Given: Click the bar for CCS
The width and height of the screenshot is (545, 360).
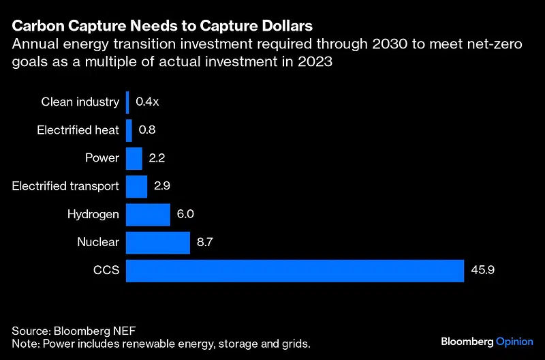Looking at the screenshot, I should (x=295, y=270).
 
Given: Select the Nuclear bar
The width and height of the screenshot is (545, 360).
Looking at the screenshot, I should (x=158, y=242).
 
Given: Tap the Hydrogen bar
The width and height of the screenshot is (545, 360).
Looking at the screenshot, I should (x=148, y=214).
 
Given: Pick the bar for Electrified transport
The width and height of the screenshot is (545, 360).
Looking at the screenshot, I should (x=137, y=186).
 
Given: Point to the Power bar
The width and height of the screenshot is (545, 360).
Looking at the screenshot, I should (x=134, y=158).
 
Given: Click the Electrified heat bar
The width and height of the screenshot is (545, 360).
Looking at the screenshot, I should (x=129, y=130).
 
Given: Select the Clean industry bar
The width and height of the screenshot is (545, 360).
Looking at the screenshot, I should (x=127, y=102).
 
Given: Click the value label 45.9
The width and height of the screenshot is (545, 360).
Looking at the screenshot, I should (x=482, y=270).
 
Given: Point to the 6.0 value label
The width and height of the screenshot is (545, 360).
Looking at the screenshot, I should (x=186, y=214).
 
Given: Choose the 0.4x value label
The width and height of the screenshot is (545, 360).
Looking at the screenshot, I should (x=147, y=102).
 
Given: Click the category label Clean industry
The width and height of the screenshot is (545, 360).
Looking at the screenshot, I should (x=80, y=102).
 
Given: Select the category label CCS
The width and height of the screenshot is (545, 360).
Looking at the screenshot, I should (x=106, y=270).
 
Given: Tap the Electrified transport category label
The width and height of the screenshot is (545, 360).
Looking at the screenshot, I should (x=65, y=186).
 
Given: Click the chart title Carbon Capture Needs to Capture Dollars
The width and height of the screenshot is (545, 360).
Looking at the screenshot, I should (x=162, y=27).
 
